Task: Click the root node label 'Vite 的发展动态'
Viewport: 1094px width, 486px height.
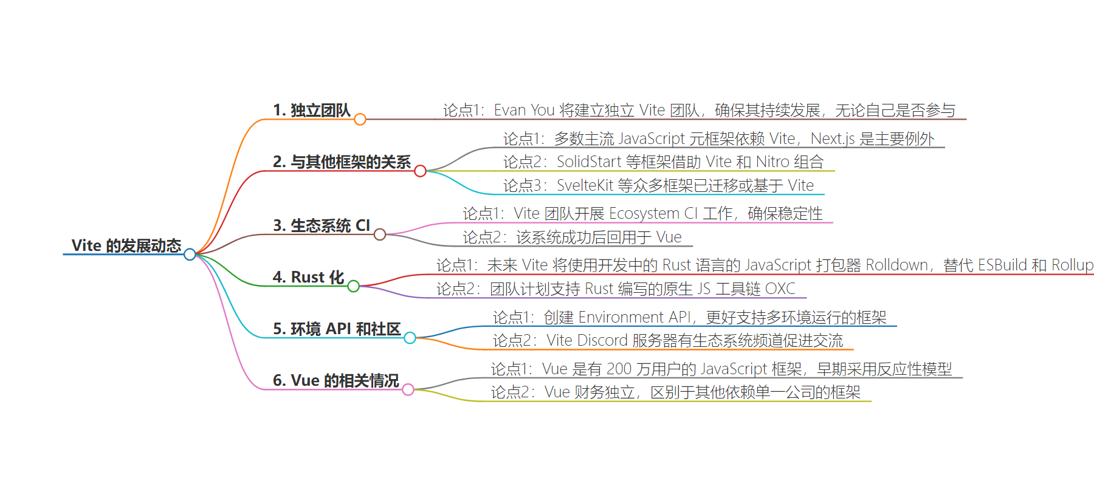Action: pyautogui.click(x=126, y=245)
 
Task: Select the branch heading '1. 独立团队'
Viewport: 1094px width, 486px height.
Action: pyautogui.click(x=312, y=110)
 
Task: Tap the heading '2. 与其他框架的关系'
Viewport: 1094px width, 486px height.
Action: pyautogui.click(x=342, y=162)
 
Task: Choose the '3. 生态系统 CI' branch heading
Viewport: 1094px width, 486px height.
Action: pyautogui.click(x=322, y=225)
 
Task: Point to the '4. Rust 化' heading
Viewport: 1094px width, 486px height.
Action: pyautogui.click(x=309, y=277)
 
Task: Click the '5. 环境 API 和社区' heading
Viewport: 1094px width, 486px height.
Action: pyautogui.click(x=337, y=329)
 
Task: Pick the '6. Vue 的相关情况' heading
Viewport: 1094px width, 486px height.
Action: pyautogui.click(x=336, y=380)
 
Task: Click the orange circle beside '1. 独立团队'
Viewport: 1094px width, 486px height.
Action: pyautogui.click(x=360, y=119)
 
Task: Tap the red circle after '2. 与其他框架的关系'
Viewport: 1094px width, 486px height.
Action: pyautogui.click(x=420, y=171)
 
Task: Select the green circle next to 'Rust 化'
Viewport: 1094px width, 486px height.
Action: pyautogui.click(x=353, y=286)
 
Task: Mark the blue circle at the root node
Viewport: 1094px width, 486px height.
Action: pyautogui.click(x=190, y=254)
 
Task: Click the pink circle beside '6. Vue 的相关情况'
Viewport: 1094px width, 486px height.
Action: pyautogui.click(x=408, y=389)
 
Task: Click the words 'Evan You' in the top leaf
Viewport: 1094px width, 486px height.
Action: pyautogui.click(x=524, y=110)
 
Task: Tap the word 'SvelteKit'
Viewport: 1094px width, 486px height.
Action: pyautogui.click(x=585, y=185)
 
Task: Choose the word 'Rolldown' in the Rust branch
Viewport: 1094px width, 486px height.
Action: pyautogui.click(x=896, y=265)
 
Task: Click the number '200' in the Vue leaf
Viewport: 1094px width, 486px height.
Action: pyautogui.click(x=619, y=369)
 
